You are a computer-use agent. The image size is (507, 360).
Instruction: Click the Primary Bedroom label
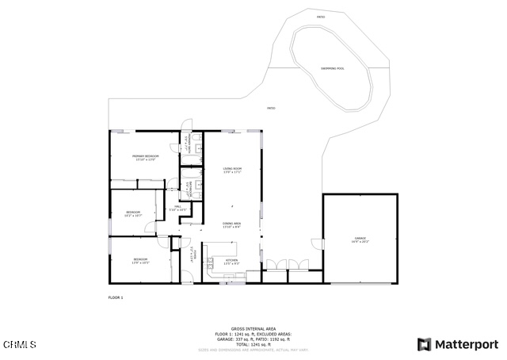point(145,158)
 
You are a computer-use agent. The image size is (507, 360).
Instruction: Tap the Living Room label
point(231,170)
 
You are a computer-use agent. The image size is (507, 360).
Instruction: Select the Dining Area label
point(231,225)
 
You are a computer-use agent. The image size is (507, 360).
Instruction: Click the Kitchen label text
point(231,261)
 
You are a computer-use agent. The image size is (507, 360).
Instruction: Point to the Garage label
point(360,239)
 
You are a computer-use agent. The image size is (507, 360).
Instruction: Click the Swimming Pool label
point(332,69)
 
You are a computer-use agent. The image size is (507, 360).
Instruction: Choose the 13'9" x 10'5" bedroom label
point(140,261)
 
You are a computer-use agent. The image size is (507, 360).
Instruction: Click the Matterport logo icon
point(425,344)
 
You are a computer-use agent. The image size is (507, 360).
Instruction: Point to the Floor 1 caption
point(116,297)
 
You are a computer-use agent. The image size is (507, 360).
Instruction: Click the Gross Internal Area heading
point(253,328)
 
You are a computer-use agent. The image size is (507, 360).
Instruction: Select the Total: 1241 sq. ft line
point(253,345)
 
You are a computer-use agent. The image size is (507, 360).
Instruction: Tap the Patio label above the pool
point(321,17)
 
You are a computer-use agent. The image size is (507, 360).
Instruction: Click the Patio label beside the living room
point(271,109)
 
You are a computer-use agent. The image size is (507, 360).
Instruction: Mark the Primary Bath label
point(188,148)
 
